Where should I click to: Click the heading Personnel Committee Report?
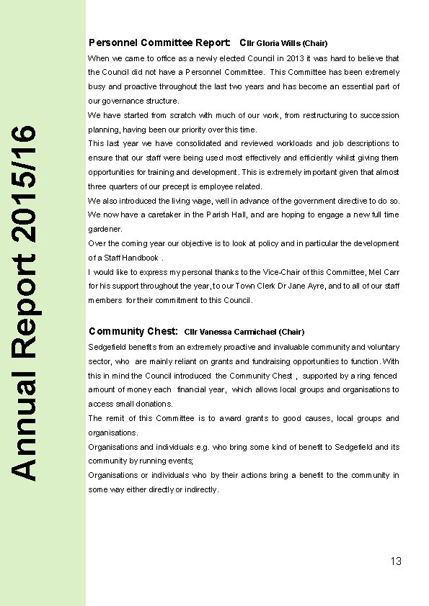coord(159,42)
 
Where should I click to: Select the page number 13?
coord(395,561)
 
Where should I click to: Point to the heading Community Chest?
coord(133,331)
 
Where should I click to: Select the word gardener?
coord(105,229)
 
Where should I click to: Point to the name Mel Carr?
coord(383,272)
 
